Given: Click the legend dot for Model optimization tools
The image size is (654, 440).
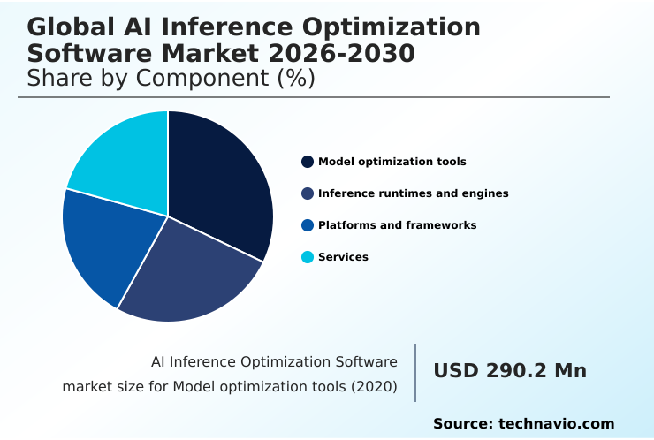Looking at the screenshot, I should (x=308, y=162).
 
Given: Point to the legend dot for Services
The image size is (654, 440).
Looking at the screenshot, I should (x=308, y=257).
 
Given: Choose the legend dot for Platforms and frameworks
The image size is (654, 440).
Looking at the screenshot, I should (x=308, y=225).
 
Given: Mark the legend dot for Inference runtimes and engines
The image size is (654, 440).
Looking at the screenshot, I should (x=308, y=193).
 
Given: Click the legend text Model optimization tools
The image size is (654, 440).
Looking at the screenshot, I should (x=392, y=162).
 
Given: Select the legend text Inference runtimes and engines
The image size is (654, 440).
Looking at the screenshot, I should (x=413, y=193).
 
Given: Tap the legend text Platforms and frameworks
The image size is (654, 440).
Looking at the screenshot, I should (x=397, y=225).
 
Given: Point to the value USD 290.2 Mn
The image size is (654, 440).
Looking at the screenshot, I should (x=510, y=371).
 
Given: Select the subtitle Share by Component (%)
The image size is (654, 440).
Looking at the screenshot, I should (x=171, y=78).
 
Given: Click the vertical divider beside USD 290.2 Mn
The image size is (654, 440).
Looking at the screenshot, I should (x=415, y=373).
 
